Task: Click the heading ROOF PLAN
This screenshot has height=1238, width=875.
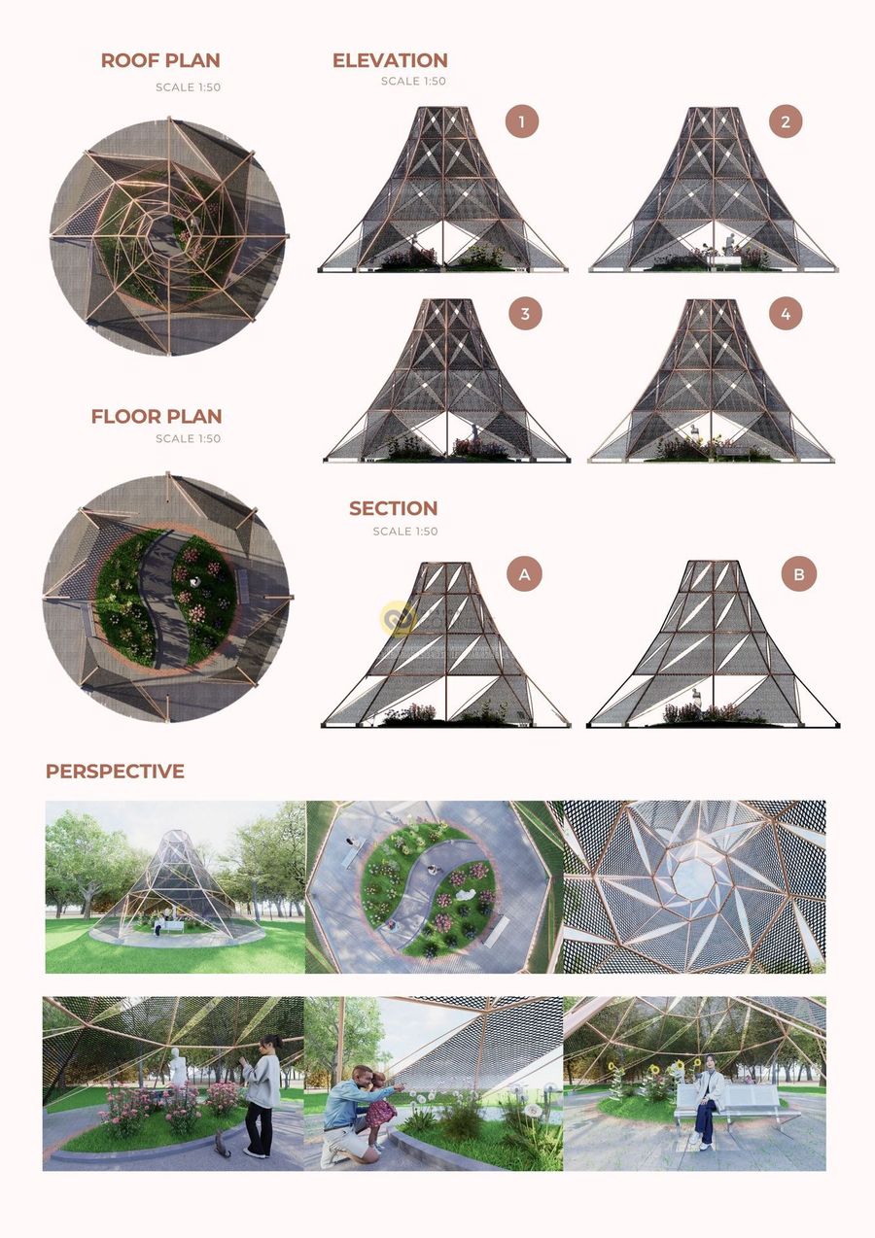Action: click(160, 60)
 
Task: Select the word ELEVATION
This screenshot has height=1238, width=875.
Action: click(390, 60)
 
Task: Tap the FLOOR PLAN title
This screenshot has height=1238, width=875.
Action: click(157, 416)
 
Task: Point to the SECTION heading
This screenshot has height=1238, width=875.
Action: click(393, 508)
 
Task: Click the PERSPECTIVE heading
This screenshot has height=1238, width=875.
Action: click(115, 771)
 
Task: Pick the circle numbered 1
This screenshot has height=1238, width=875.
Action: click(521, 121)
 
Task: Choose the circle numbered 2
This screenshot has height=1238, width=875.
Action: click(786, 121)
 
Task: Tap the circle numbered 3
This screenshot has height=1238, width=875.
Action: click(525, 313)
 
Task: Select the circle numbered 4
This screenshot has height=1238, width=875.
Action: click(786, 313)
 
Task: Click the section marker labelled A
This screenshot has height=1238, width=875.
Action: click(524, 574)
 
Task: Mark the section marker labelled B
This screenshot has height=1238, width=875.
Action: click(798, 574)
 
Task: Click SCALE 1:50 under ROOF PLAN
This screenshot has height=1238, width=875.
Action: click(188, 87)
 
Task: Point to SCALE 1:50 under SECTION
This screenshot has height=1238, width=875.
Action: click(405, 532)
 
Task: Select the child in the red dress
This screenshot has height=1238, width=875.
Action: click(380, 1106)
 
